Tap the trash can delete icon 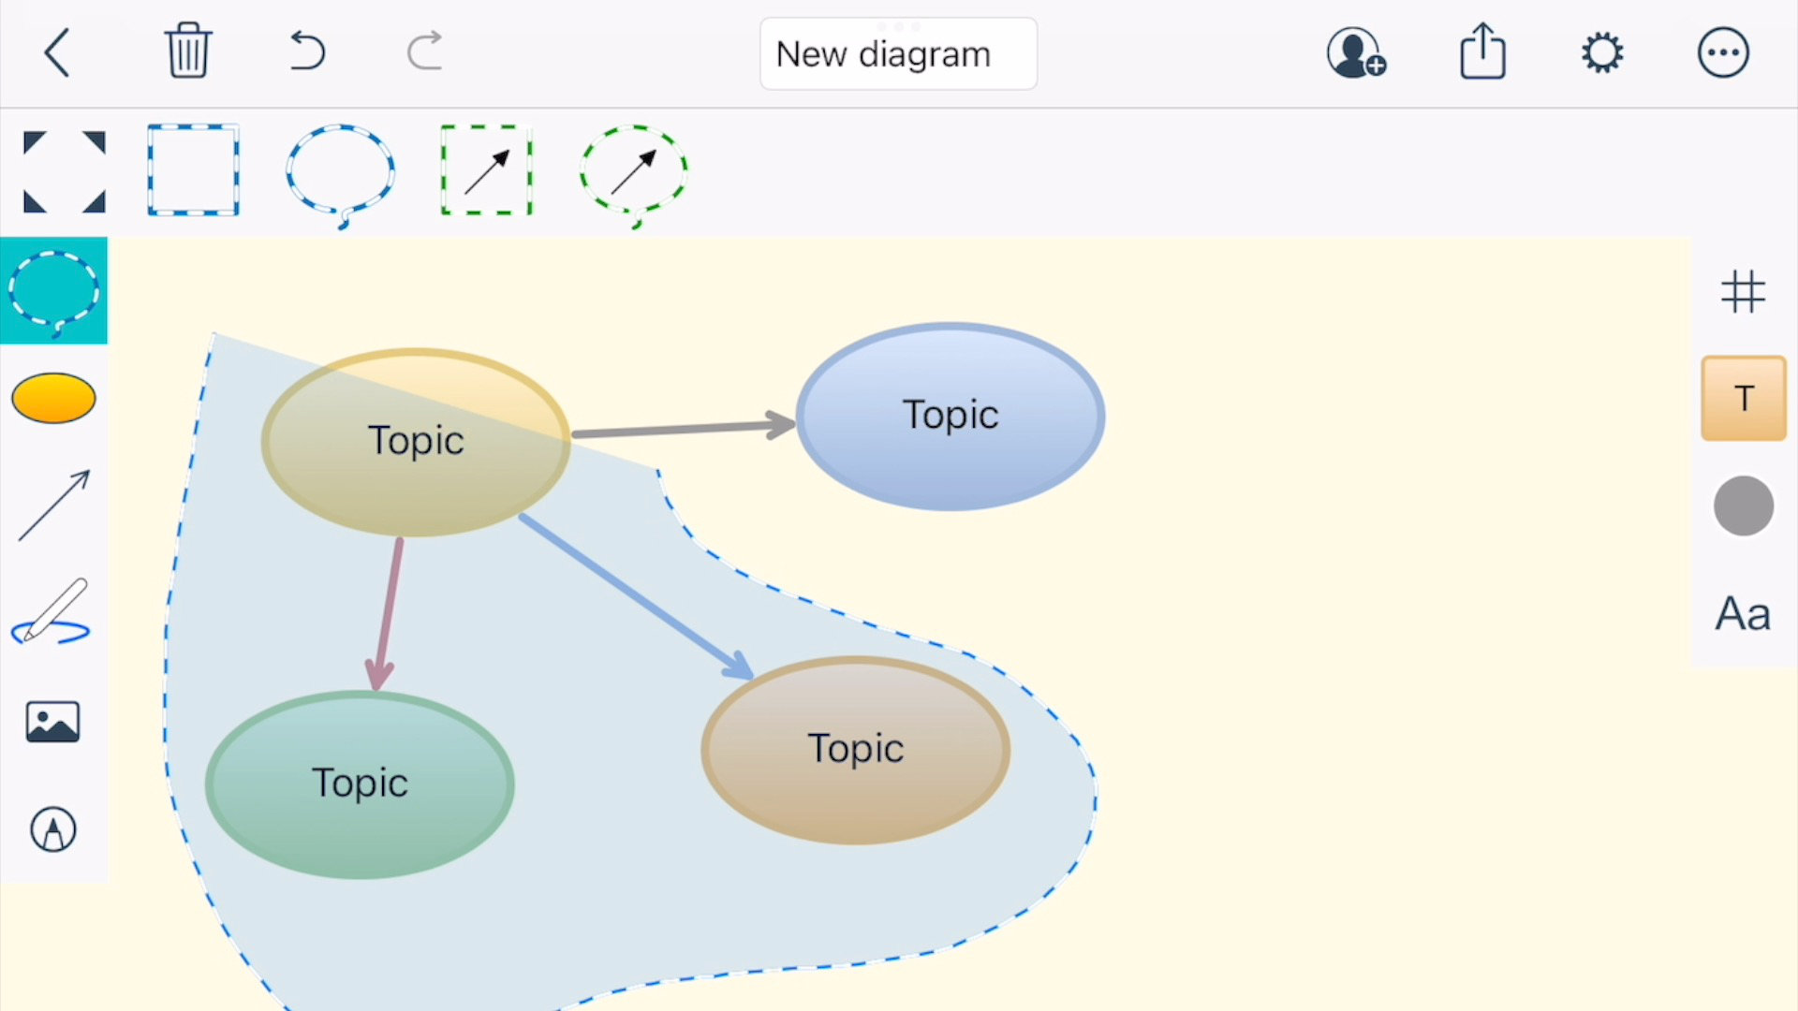coord(187,51)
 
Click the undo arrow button coord(307,51)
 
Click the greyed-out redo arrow coord(425,51)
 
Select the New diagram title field coord(897,54)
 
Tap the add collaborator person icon coord(1355,52)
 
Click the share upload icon coord(1482,52)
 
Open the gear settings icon coord(1602,52)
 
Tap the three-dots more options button coord(1722,52)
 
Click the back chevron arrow coord(57,52)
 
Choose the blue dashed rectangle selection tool coord(193,170)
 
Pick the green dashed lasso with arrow coord(634,172)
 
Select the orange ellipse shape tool coord(53,398)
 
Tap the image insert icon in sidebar coord(53,722)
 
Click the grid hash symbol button coord(1743,291)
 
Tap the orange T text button coord(1743,399)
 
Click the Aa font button coord(1742,614)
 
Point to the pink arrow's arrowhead coord(378,676)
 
